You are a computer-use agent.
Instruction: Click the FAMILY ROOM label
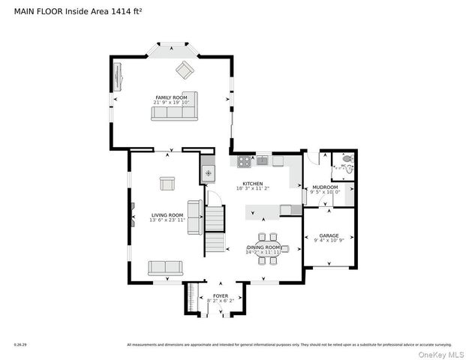click(171, 97)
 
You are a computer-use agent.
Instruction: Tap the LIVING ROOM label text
click(167, 214)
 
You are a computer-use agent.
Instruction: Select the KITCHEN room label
click(252, 184)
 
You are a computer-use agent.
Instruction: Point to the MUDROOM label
click(325, 187)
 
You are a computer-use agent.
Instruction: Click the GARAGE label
click(329, 235)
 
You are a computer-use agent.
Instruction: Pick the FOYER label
click(220, 295)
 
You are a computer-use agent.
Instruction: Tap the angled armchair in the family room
click(185, 70)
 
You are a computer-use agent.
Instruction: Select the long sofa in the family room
click(173, 113)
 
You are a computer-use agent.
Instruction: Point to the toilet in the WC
click(347, 159)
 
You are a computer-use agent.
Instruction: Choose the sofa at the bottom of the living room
click(165, 268)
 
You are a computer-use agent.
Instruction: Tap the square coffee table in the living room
click(167, 183)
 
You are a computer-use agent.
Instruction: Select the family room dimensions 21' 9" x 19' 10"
click(171, 103)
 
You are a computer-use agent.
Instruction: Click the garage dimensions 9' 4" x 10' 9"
click(329, 241)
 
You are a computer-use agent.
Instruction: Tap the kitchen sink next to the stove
click(262, 160)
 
